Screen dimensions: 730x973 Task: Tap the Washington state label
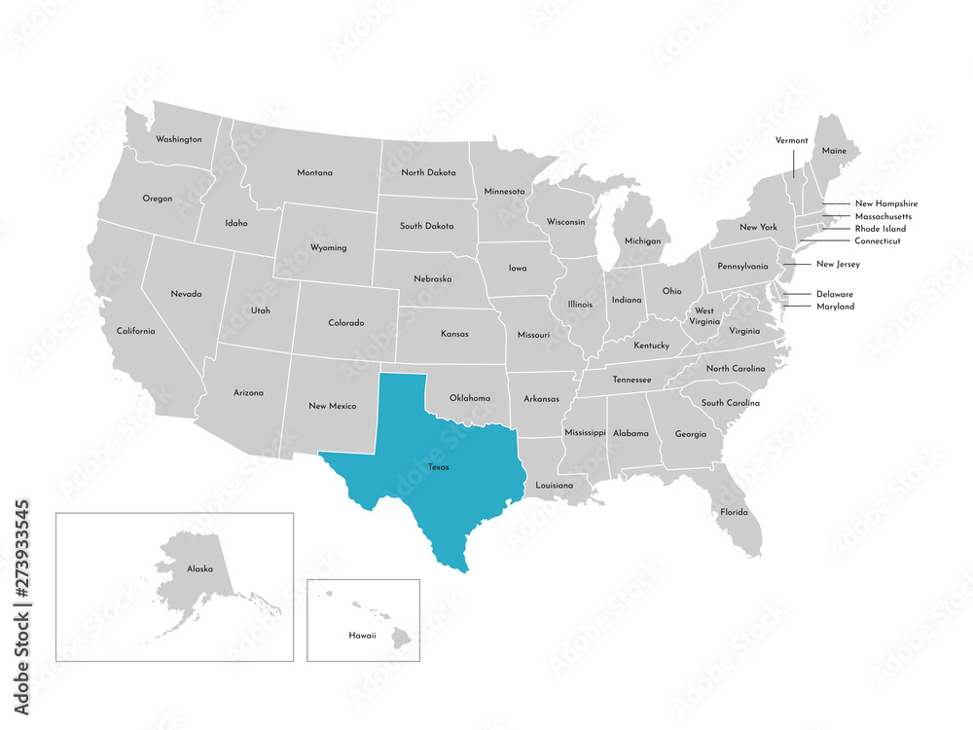point(179,139)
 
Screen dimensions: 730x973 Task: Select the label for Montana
point(314,173)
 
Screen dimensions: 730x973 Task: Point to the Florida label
point(734,512)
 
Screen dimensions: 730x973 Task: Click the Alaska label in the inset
point(199,568)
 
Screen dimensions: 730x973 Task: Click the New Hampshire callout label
point(885,203)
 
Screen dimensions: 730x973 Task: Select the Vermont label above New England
point(791,141)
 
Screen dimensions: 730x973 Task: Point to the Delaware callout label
point(835,294)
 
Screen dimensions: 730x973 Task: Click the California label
point(135,331)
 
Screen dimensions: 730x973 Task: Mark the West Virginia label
point(703,315)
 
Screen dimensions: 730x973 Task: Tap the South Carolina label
point(731,403)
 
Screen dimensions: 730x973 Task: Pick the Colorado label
point(345,323)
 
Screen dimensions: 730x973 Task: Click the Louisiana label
point(555,485)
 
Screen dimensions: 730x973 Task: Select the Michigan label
point(642,240)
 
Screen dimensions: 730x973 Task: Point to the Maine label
point(834,151)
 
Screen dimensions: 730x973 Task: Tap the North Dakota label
point(428,173)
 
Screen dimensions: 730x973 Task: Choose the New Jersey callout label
point(838,264)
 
